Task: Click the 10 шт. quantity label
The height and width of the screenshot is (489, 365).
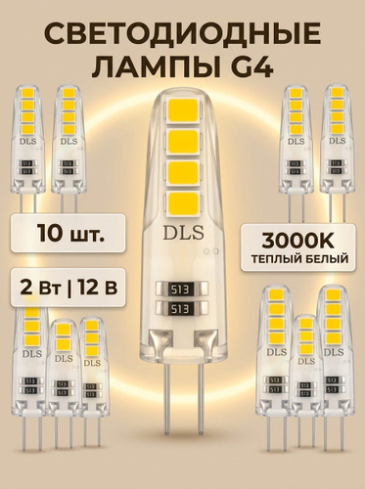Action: (68, 234)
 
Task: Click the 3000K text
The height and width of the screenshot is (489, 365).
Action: (297, 242)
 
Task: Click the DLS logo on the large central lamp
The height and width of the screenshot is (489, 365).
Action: (184, 233)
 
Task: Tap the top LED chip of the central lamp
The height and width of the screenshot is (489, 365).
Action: (183, 110)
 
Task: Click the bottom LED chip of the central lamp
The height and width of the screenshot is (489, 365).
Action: (183, 203)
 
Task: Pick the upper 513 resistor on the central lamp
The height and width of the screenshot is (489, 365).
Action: (182, 289)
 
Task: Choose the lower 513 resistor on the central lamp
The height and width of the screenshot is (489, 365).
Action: (182, 308)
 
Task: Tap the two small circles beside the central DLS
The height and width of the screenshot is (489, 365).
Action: (211, 250)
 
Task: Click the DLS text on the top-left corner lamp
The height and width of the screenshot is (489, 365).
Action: (28, 141)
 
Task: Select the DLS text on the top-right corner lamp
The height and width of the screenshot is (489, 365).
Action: (338, 141)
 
